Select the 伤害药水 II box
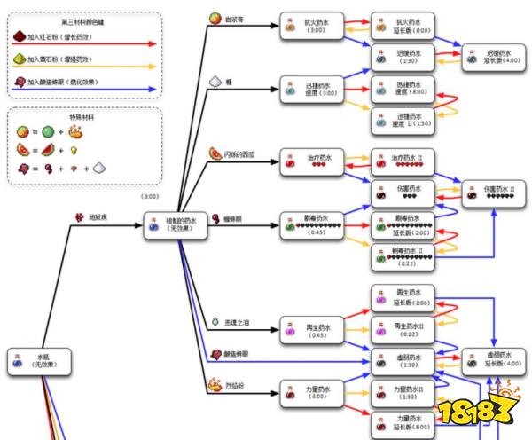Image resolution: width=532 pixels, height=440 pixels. pos(490,193)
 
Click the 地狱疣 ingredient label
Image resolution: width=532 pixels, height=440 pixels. pos(92,216)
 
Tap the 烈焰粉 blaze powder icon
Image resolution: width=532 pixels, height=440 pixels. pos(215,385)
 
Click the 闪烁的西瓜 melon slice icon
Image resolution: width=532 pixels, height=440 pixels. pos(215,154)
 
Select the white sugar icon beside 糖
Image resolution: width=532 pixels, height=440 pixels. pos(215,81)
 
